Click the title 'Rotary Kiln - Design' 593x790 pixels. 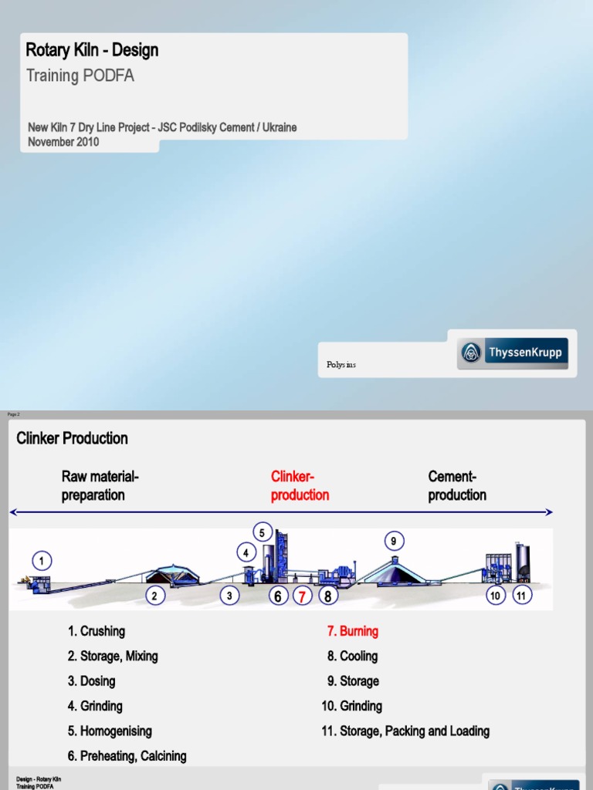coord(92,51)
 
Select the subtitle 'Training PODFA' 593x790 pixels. coord(80,76)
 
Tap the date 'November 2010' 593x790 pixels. coord(63,142)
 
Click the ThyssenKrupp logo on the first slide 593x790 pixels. coord(513,353)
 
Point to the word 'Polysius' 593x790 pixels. coord(341,365)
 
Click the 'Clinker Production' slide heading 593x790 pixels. coord(72,438)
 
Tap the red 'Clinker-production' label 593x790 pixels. coord(300,485)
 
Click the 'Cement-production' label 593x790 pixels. coord(457,485)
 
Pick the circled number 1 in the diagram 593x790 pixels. coord(42,560)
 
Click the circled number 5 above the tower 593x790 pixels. coord(262,532)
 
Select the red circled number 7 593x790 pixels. coord(303,596)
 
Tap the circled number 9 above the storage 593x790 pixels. coord(393,542)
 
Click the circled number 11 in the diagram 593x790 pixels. coord(522,596)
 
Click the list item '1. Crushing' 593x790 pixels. coord(96,631)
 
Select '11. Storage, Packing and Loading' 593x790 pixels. coord(405,731)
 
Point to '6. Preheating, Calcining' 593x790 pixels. coord(127,756)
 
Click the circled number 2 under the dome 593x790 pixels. coord(154,596)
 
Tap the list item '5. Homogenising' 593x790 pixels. coord(110,731)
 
